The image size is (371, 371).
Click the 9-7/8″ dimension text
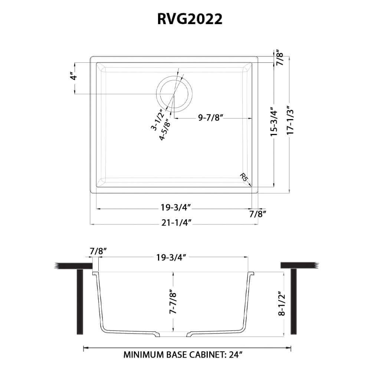(x=210, y=118)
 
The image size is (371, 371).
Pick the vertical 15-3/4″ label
(x=274, y=122)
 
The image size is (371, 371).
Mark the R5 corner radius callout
(x=244, y=177)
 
